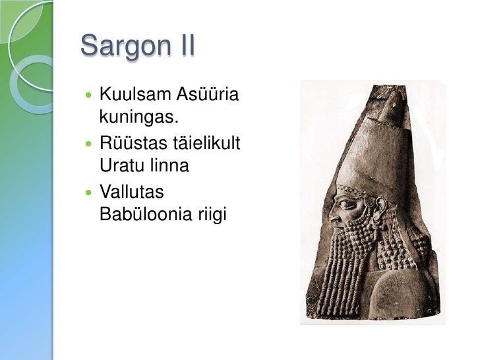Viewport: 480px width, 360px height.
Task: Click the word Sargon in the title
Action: coord(125,46)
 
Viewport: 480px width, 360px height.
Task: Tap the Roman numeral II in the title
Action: coord(186,45)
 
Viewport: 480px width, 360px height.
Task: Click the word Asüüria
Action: coord(208,94)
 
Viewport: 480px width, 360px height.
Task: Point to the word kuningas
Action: coord(139,117)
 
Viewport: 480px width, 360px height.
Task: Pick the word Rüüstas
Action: coord(133,142)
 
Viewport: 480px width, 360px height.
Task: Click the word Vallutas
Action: coord(132,192)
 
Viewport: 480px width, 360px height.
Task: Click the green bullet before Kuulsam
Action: coord(89,95)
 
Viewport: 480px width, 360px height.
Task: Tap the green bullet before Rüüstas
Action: coord(89,144)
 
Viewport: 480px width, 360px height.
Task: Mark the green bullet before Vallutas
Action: coord(89,193)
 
